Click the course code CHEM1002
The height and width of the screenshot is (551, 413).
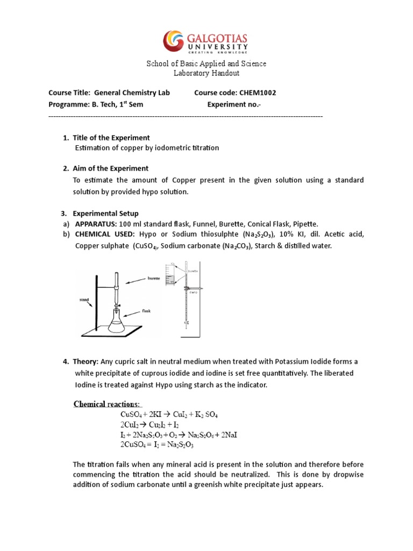coord(255,93)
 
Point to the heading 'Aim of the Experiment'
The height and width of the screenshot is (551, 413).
coord(111,168)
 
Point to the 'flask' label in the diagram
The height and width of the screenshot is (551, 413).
coord(148,310)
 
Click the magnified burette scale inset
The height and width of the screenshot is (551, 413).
coord(171,274)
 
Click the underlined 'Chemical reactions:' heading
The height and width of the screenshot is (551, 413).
coord(107,404)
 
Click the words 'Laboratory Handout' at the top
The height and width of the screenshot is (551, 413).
coord(206,73)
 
